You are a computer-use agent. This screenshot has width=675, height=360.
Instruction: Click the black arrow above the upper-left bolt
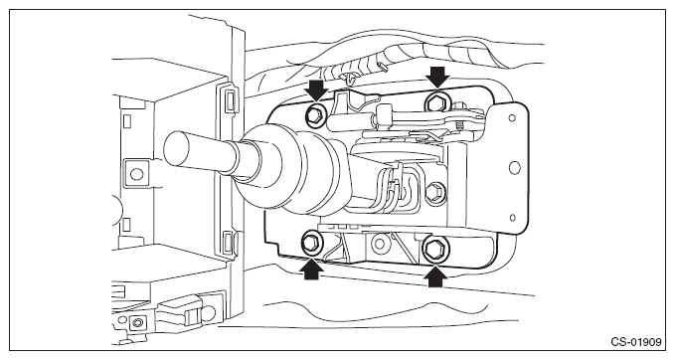point(316,90)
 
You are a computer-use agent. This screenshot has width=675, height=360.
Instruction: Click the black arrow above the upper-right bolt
point(437,78)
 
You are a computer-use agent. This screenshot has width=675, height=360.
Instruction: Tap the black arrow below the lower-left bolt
point(312,269)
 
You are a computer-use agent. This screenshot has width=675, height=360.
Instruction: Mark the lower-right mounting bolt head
point(434,249)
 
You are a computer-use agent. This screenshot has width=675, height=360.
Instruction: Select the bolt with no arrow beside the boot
point(434,191)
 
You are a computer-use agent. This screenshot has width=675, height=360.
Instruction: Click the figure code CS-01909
point(635,342)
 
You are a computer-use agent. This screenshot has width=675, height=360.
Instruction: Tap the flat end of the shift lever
point(177,148)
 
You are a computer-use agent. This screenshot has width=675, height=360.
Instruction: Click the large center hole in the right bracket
point(514,167)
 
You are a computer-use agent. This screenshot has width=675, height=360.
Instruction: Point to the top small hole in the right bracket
point(512,118)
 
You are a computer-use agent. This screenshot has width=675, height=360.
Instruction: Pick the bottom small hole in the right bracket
point(512,218)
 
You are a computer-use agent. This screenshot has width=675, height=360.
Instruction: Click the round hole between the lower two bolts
point(380,244)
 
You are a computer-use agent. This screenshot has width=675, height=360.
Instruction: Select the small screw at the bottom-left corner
point(137,322)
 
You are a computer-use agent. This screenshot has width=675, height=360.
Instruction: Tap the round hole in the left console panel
point(136,174)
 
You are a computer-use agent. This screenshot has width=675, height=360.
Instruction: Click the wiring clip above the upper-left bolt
point(351,78)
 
